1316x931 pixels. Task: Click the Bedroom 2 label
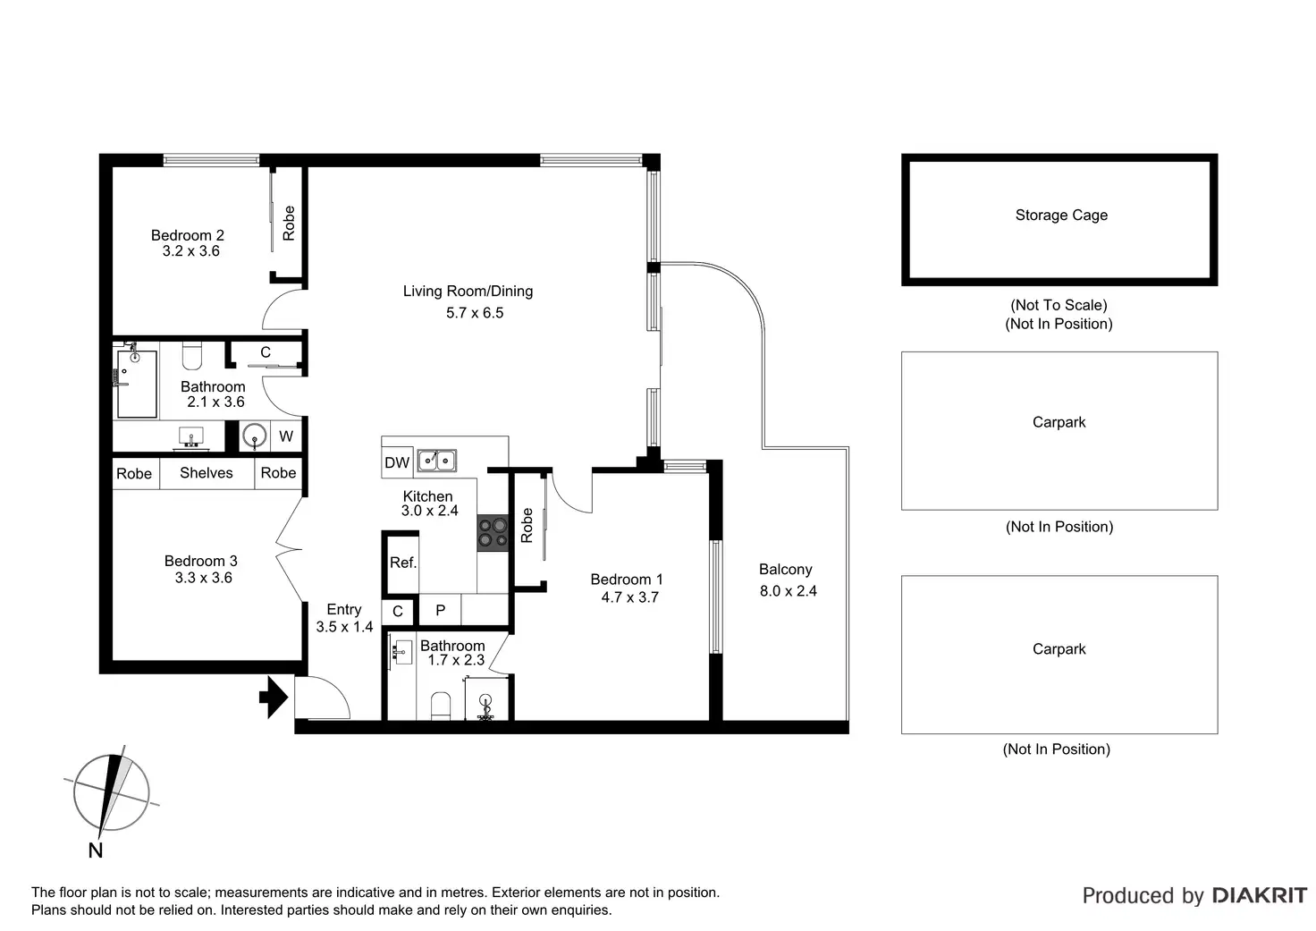(188, 235)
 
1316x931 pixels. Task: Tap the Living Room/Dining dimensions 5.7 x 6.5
(475, 313)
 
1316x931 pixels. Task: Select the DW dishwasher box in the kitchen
(397, 462)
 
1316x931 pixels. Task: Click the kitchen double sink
(436, 461)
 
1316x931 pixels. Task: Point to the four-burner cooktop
(492, 532)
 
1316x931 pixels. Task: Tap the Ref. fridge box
(402, 563)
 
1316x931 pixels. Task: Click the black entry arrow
(274, 696)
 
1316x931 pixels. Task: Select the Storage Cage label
(1061, 216)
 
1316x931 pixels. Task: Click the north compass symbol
(112, 791)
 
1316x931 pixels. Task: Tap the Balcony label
(785, 570)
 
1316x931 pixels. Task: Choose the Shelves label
(206, 473)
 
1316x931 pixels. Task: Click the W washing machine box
(286, 436)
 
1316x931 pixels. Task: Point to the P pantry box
(440, 611)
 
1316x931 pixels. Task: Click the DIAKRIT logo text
(1259, 895)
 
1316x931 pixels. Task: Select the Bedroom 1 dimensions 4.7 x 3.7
(629, 597)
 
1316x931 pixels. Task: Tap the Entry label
(344, 610)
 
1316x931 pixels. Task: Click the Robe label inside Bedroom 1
(527, 525)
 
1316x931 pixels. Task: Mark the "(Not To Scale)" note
(1059, 305)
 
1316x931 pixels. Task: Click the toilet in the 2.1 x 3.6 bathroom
(191, 356)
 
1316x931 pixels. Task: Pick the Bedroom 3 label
(201, 561)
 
